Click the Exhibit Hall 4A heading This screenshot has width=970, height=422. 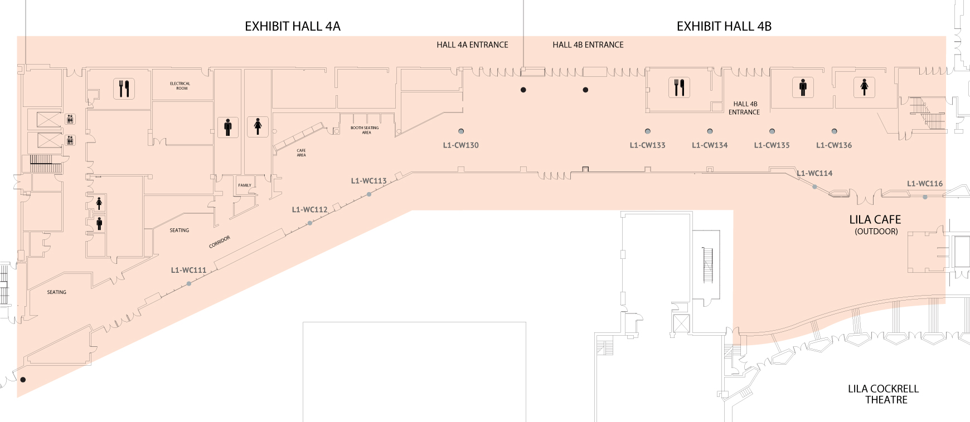click(x=292, y=26)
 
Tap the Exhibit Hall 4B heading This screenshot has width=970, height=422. click(x=724, y=26)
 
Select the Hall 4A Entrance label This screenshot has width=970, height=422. click(x=472, y=45)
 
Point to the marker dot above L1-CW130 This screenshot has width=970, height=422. click(x=461, y=131)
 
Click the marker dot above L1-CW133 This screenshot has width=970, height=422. click(x=647, y=131)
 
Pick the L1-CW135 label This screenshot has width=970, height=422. click(x=772, y=145)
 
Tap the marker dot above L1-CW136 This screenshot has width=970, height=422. click(x=834, y=131)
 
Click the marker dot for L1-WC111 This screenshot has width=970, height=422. click(x=189, y=284)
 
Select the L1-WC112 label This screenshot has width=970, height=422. click(x=309, y=210)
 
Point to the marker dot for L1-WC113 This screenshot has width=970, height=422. click(x=369, y=194)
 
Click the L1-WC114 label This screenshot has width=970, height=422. click(x=814, y=173)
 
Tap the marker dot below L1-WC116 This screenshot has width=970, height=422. click(x=925, y=197)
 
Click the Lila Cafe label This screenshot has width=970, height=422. click(x=875, y=220)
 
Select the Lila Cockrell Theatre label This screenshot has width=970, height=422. click(x=883, y=394)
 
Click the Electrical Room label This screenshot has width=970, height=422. click(x=180, y=86)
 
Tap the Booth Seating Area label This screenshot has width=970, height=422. click(x=365, y=130)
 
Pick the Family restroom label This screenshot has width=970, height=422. click(x=245, y=185)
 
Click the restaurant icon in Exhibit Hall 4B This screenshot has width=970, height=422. click(x=679, y=87)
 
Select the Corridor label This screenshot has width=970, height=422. click(x=220, y=242)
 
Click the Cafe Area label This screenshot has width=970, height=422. click(x=301, y=153)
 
